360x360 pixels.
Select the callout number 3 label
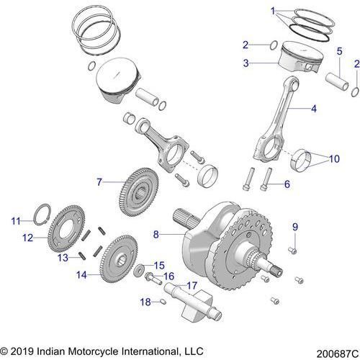point(246,63)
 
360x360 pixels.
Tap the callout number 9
point(294,228)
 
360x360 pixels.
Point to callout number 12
point(27,236)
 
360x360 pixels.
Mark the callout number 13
point(63,257)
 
